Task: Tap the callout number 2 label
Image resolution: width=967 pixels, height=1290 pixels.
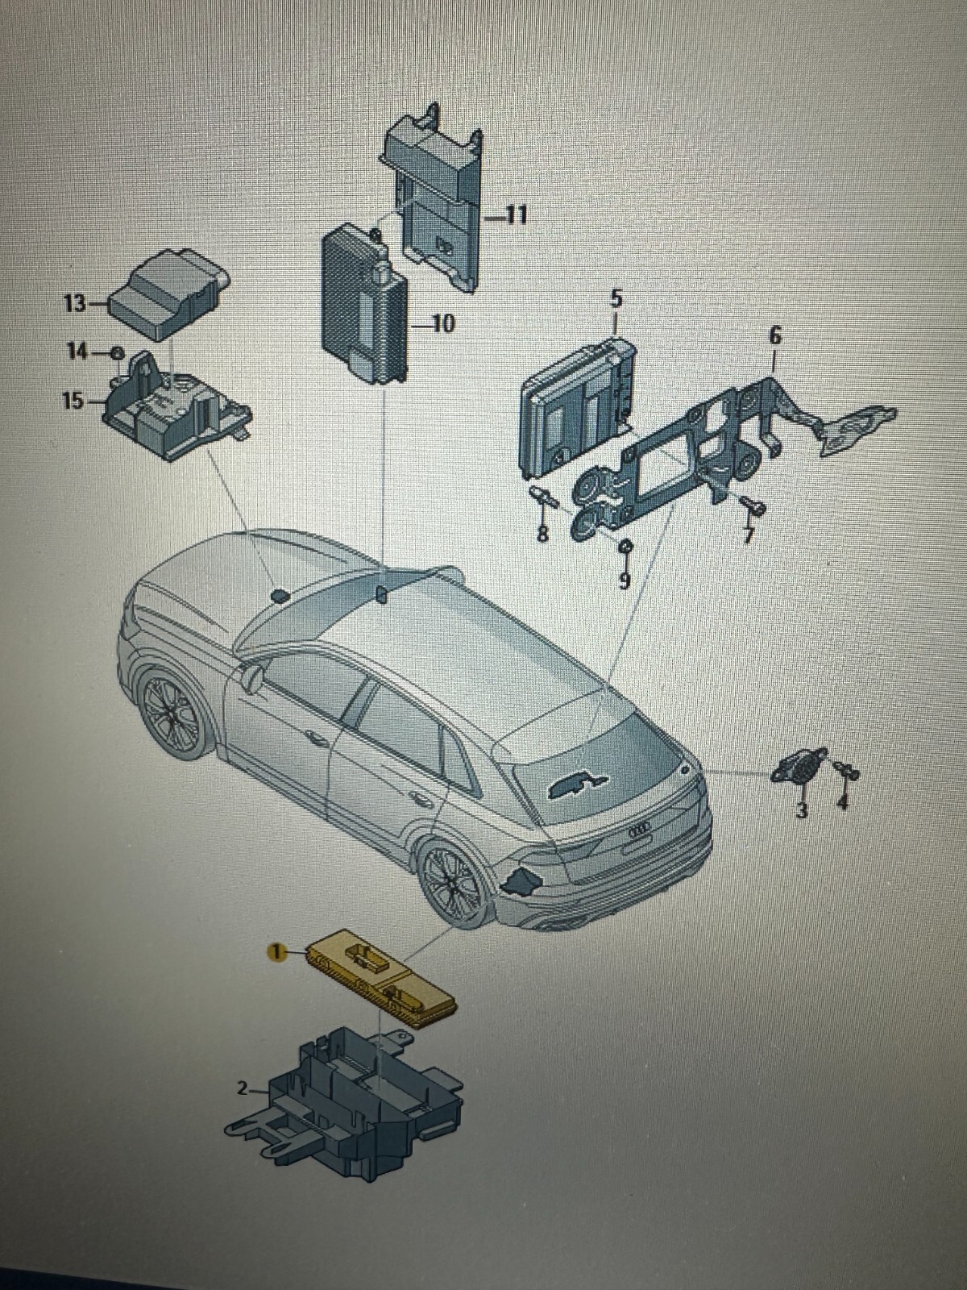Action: point(242,1088)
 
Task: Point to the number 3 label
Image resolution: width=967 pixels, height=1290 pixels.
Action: point(801,810)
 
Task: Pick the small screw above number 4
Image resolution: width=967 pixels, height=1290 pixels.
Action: point(847,772)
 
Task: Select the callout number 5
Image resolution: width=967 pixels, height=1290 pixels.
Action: point(615,299)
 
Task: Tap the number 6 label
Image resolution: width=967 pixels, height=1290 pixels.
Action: point(774,335)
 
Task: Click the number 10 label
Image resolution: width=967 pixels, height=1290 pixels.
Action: point(442,324)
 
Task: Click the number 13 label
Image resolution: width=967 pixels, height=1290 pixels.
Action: point(74,304)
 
